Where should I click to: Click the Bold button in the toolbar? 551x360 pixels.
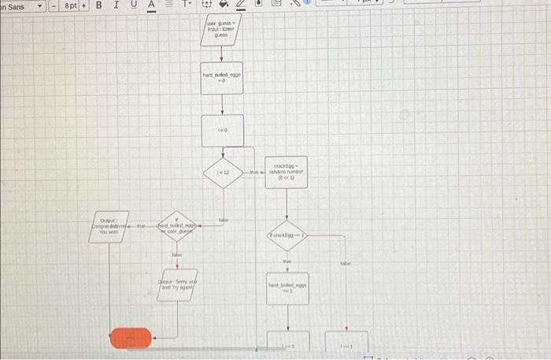click(x=98, y=6)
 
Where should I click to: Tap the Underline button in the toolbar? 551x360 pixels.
click(x=135, y=6)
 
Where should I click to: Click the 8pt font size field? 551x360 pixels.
click(x=71, y=6)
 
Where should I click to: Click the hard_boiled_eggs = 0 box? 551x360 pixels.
click(x=222, y=79)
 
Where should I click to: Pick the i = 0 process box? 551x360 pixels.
click(x=222, y=130)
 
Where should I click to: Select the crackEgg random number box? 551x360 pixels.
click(x=286, y=173)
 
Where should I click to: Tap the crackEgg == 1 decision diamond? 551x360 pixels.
click(x=287, y=235)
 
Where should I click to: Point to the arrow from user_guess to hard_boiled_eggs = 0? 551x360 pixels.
click(x=222, y=54)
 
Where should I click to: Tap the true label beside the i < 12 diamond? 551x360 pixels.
click(x=253, y=172)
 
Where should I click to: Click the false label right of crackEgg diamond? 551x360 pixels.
click(x=345, y=265)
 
